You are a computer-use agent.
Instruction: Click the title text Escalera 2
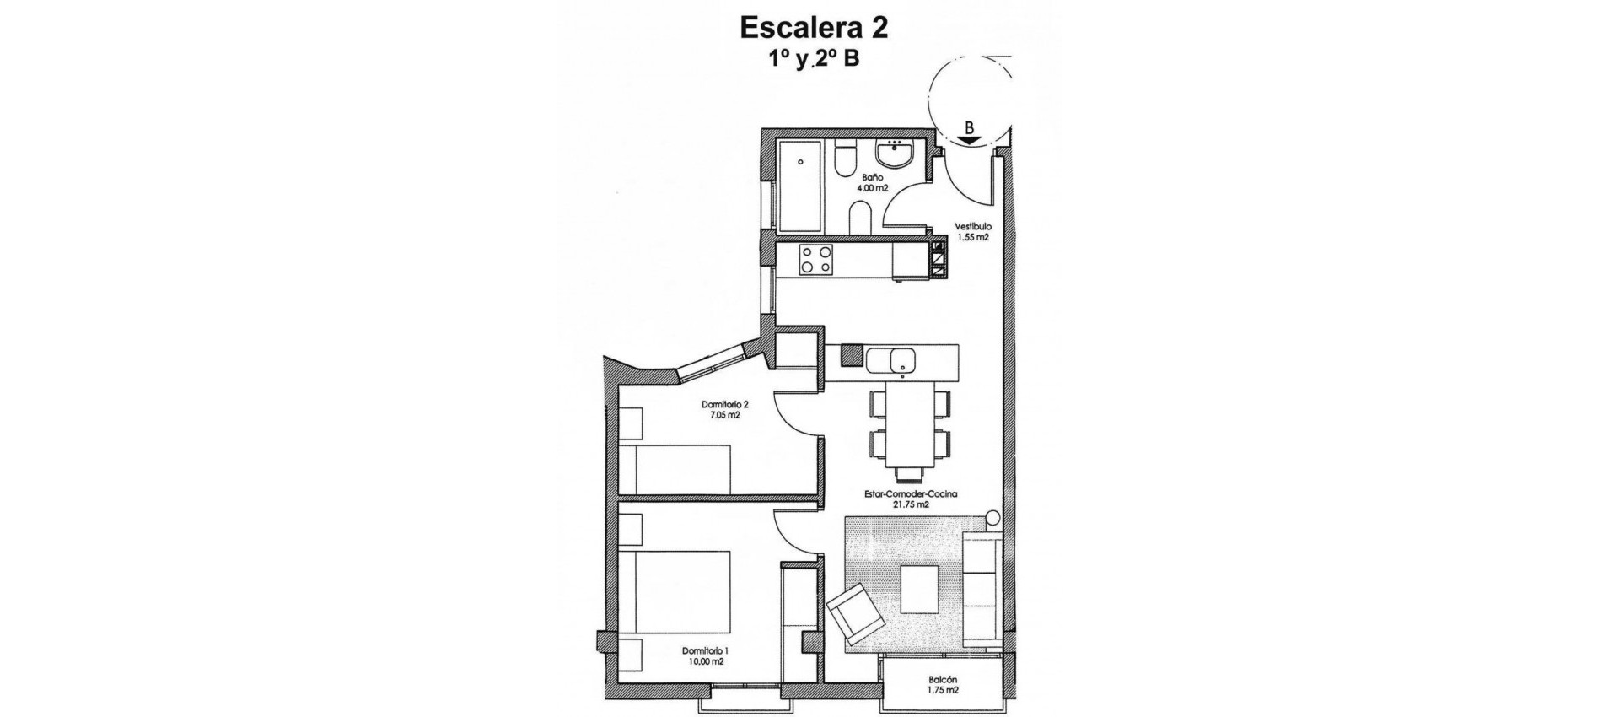813,27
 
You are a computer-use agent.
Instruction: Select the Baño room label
872,178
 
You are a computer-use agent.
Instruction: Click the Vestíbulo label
972,227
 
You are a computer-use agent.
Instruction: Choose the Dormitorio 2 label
725,403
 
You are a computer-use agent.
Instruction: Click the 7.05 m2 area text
725,414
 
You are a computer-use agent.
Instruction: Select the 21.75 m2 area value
911,505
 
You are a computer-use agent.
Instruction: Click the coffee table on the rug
920,589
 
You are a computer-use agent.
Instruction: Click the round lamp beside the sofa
992,517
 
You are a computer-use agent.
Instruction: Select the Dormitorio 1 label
705,650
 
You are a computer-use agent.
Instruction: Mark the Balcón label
944,680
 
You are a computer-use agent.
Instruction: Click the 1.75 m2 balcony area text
944,691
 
